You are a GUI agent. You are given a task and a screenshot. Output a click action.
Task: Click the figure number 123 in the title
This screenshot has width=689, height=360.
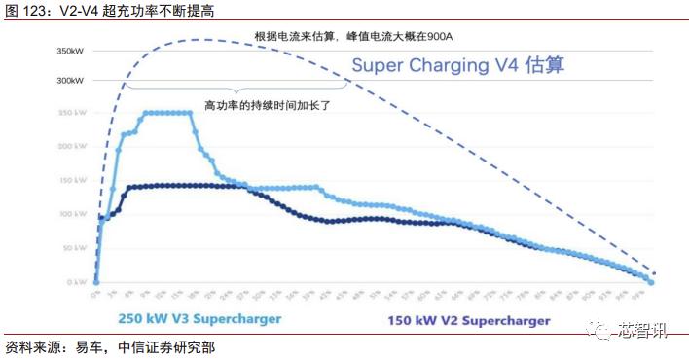(x=34, y=11)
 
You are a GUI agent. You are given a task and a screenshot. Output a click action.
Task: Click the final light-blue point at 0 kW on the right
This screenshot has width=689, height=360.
(x=651, y=281)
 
